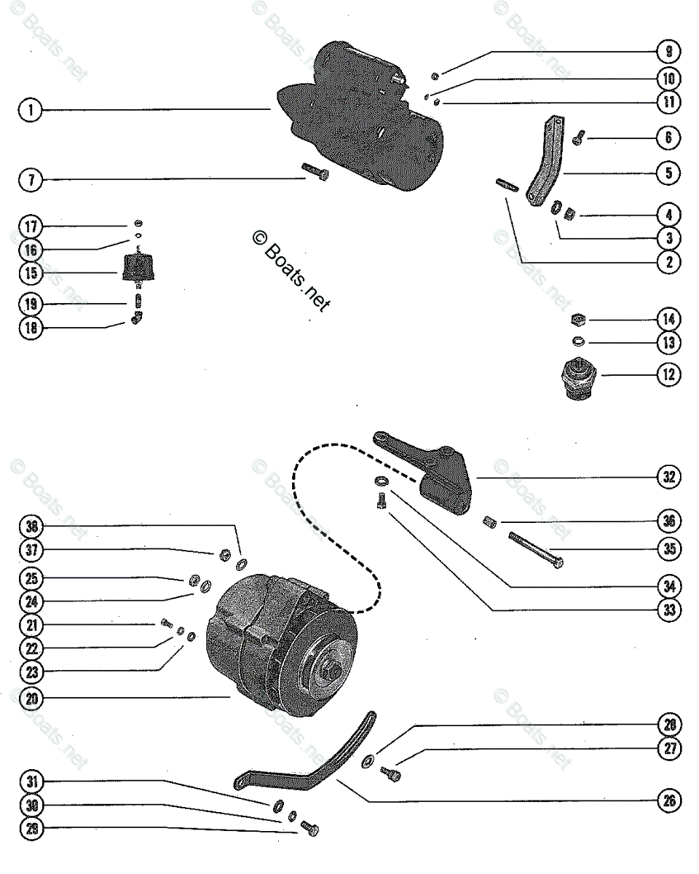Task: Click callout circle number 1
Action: [x=30, y=110]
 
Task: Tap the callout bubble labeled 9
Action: [x=668, y=52]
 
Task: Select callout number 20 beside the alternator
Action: [x=30, y=698]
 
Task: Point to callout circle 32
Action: [x=668, y=477]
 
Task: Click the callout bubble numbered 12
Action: [x=668, y=375]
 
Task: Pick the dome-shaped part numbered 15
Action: [x=139, y=269]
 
